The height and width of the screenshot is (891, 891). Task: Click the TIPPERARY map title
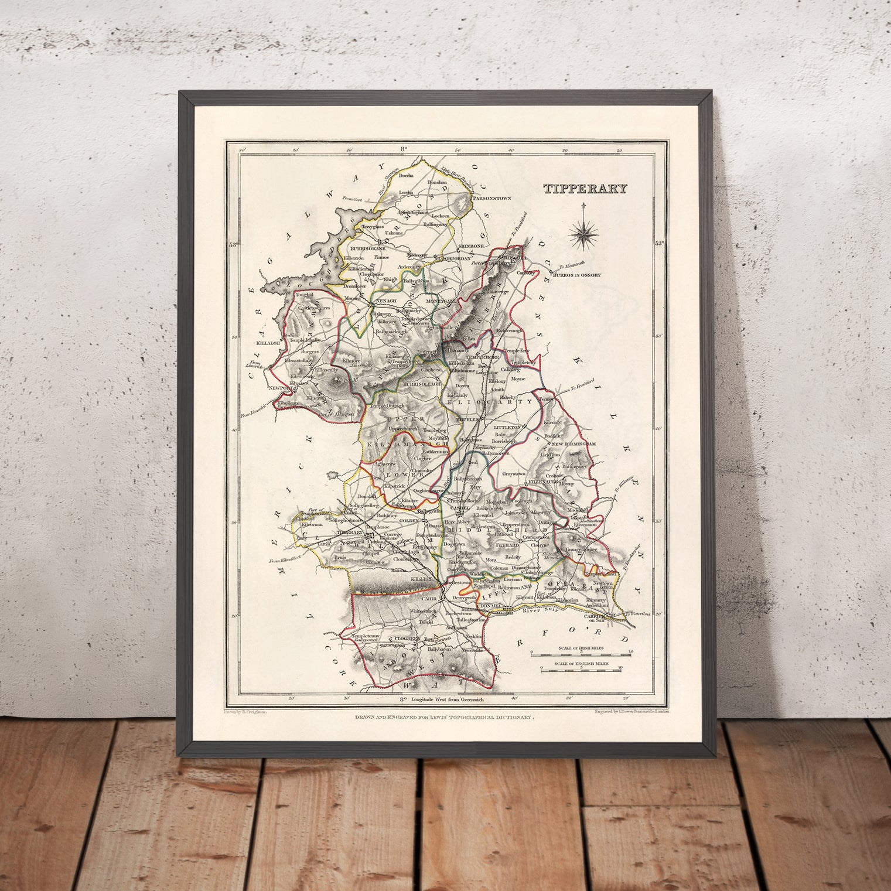[585, 189]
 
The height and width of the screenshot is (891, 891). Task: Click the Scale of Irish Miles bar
[580, 651]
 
